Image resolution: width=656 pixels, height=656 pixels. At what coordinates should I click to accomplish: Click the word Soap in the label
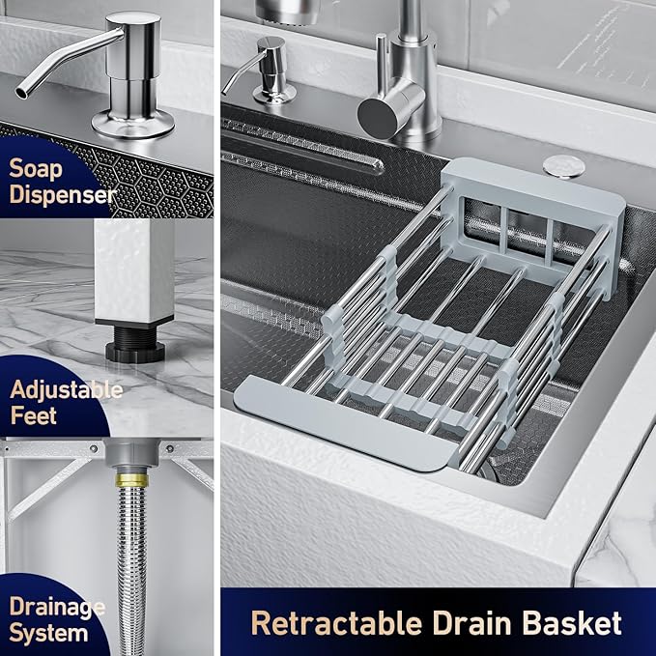point(36,169)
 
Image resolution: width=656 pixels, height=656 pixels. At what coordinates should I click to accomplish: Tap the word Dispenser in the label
point(63,194)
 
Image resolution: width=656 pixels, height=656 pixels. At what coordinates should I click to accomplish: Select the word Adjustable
point(67,390)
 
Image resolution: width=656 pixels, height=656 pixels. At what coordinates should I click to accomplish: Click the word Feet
point(34,415)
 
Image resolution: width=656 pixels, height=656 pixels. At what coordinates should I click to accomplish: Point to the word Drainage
point(57,608)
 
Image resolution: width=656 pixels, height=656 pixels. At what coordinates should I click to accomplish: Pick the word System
point(48,634)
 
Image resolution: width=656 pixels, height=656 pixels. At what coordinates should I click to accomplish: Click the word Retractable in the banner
point(337,623)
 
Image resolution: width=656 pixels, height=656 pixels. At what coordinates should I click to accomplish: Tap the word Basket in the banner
point(572,623)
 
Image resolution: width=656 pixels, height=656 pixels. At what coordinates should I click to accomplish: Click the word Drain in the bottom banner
point(471,623)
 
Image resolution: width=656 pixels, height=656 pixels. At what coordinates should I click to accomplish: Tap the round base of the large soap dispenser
point(132,124)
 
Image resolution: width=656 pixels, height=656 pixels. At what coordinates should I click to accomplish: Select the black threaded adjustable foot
point(135,343)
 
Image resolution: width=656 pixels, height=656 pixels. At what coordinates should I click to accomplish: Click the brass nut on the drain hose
point(131,479)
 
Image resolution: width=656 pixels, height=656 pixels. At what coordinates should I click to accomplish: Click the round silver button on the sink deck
point(563,166)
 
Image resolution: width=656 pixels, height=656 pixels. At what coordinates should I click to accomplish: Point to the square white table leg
point(134,271)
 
